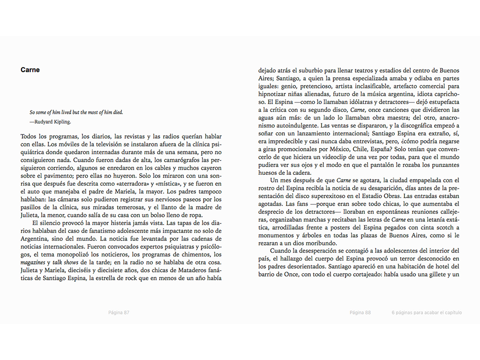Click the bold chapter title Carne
click(x=30, y=70)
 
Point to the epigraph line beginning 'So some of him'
click(x=76, y=112)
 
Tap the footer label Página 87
click(x=119, y=313)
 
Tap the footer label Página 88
click(x=360, y=313)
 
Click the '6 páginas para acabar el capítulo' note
click(x=427, y=313)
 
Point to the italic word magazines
click(x=36, y=262)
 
